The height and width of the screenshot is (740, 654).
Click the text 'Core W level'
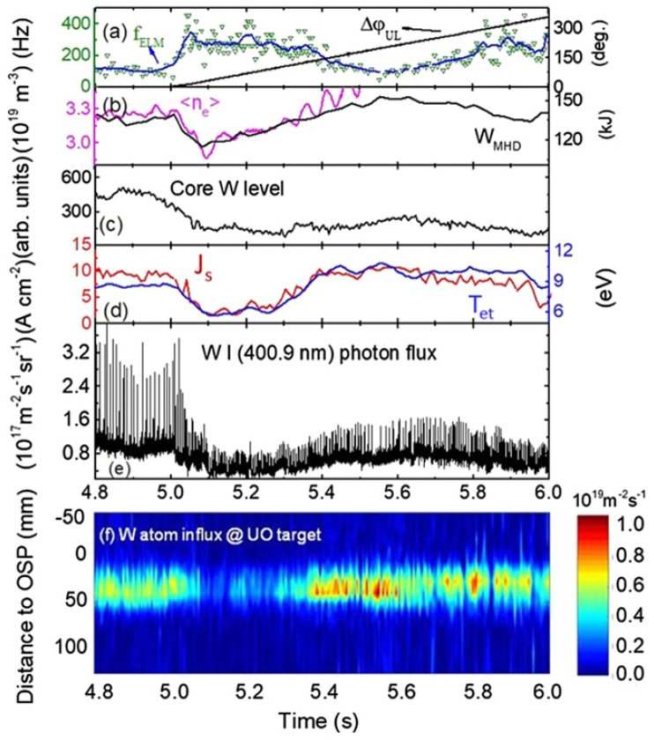click(x=215, y=188)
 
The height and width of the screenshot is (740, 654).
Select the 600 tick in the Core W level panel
click(x=75, y=176)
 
